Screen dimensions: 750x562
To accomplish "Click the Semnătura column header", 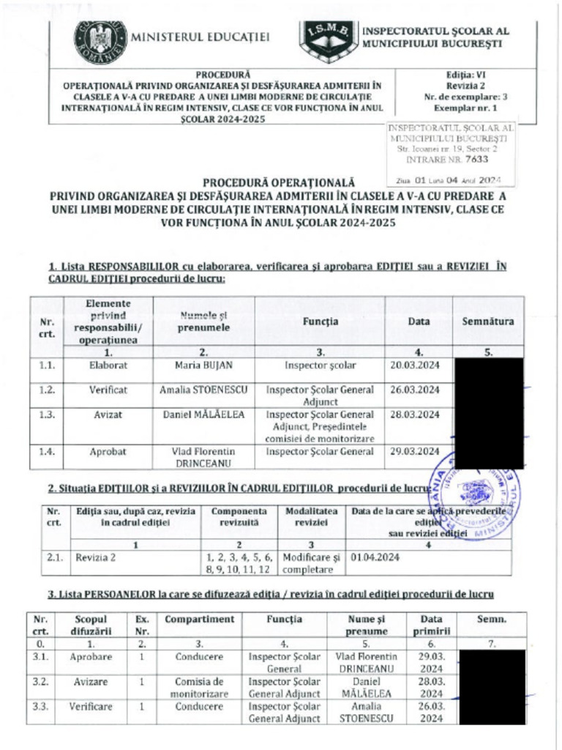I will pyautogui.click(x=488, y=322).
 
